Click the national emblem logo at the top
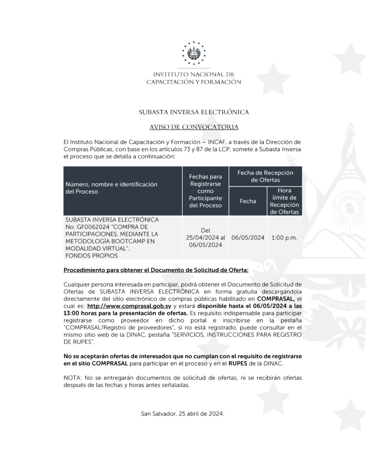point(193,54)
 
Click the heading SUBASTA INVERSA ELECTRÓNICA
point(194,112)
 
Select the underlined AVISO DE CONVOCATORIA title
point(194,126)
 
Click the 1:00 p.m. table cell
point(285,237)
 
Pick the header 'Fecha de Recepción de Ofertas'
point(265,176)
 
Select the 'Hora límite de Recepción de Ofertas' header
point(285,201)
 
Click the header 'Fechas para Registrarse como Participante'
point(205,191)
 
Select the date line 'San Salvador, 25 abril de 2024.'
point(182,413)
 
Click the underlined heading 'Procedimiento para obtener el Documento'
point(156,270)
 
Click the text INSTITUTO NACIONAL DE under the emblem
point(194,74)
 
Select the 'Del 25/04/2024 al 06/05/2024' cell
point(205,237)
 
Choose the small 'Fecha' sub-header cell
point(248,201)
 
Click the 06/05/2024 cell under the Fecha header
point(248,237)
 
